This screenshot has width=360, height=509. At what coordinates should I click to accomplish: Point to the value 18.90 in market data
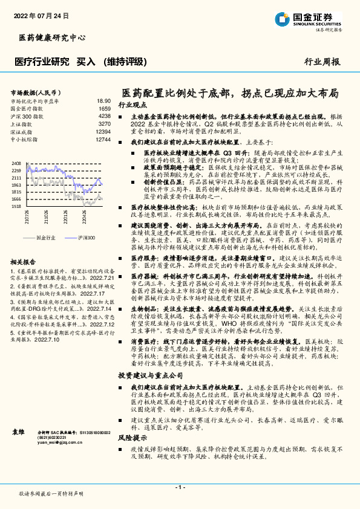tap(103, 101)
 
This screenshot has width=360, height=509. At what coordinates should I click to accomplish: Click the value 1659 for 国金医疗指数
tap(105, 108)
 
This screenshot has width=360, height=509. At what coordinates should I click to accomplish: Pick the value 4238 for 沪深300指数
tap(105, 115)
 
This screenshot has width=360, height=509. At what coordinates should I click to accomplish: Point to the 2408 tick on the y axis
tap(16, 163)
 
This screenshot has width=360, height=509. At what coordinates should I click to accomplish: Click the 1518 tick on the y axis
tap(16, 206)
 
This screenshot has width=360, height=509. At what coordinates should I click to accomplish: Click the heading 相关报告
tap(25, 262)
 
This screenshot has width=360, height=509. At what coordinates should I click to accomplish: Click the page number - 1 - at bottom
tap(180, 487)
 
